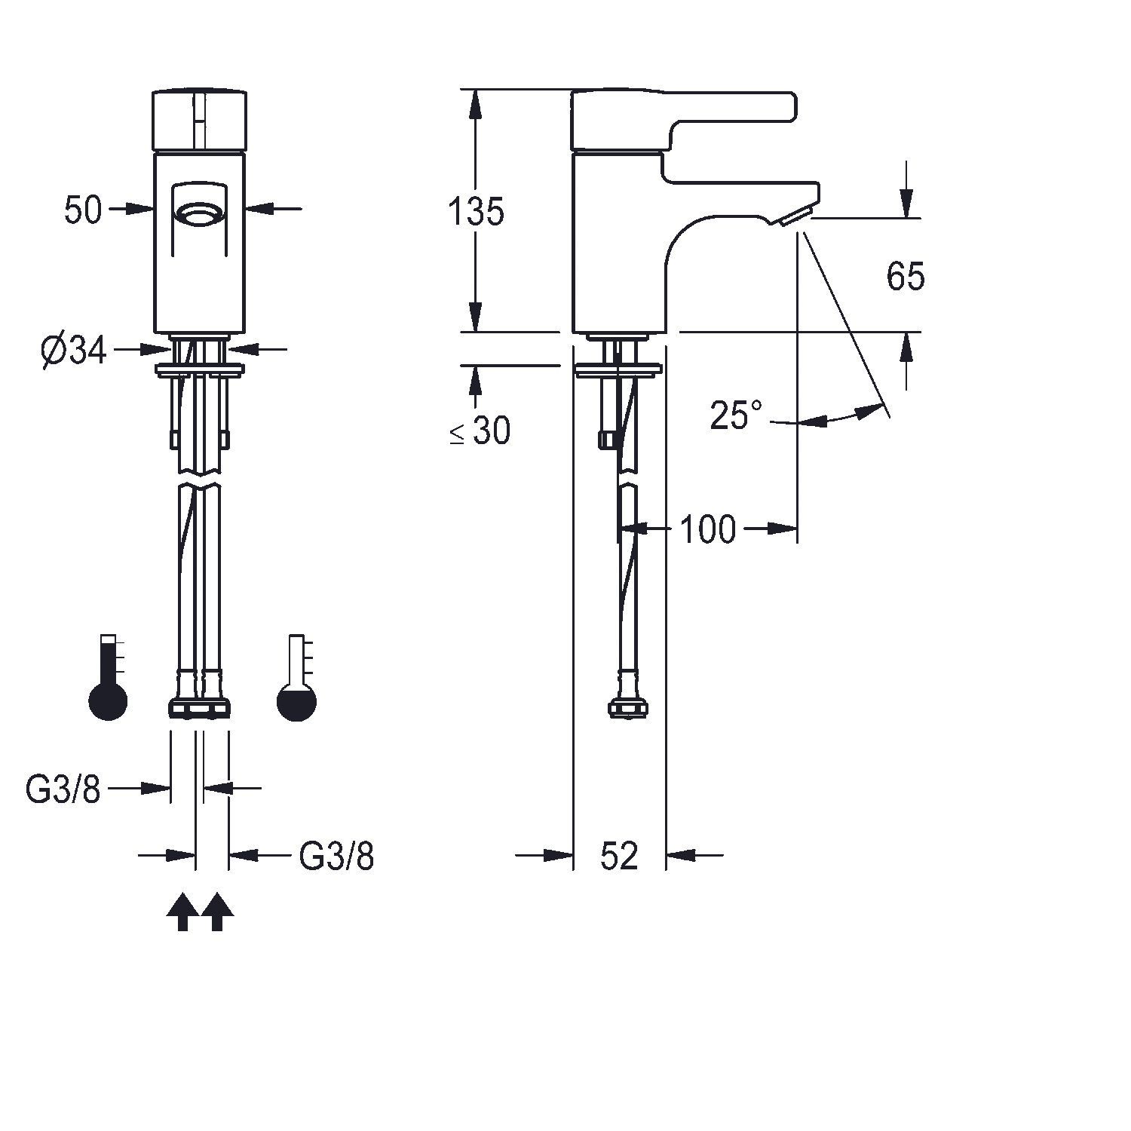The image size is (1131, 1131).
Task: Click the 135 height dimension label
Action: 476,212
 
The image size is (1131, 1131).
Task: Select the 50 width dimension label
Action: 83,210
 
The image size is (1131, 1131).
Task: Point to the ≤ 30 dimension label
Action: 480,431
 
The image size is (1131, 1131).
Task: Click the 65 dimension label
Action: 906,277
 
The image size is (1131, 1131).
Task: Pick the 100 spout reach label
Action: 708,529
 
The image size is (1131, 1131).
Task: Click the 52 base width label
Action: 620,856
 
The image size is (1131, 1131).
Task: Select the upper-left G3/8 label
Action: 63,789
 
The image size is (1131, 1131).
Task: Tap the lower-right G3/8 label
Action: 337,857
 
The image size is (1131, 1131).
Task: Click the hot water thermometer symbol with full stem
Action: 109,678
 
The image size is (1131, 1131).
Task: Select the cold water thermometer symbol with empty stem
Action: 297,678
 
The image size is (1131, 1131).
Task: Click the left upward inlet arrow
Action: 182,912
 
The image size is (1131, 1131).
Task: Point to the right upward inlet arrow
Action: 217,912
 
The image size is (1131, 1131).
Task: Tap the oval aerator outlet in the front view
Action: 200,215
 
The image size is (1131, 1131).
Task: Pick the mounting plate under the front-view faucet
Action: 200,369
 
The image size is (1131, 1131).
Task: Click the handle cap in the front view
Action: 200,120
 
